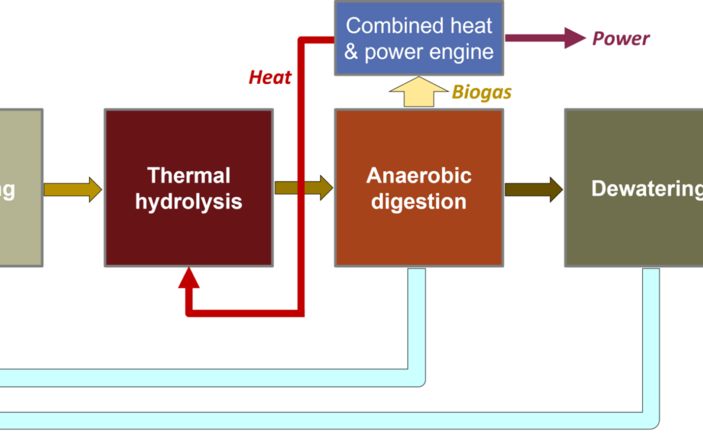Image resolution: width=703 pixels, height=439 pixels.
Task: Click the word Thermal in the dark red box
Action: (188, 176)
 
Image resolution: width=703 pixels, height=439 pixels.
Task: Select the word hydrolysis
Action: (188, 202)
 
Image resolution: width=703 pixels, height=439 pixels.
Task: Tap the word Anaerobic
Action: (418, 176)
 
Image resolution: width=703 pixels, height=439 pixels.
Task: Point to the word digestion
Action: (418, 202)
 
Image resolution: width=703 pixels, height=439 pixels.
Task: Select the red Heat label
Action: (270, 78)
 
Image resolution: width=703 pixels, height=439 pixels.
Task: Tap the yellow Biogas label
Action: (481, 92)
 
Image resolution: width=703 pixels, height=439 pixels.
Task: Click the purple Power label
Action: (620, 39)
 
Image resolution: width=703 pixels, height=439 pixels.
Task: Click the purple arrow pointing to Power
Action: (544, 38)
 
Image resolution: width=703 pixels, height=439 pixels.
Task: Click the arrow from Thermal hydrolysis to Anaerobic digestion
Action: (304, 188)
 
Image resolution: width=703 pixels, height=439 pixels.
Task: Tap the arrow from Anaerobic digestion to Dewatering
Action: (533, 189)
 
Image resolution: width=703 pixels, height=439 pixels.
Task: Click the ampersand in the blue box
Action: (351, 52)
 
